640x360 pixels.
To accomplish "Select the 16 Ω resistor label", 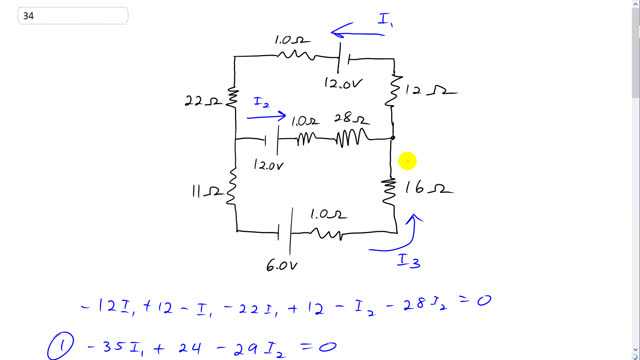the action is tap(430, 187).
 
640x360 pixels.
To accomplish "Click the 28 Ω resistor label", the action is tap(355, 120).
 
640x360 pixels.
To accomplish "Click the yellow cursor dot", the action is tap(407, 160).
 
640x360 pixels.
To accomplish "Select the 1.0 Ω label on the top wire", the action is tap(291, 40).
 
